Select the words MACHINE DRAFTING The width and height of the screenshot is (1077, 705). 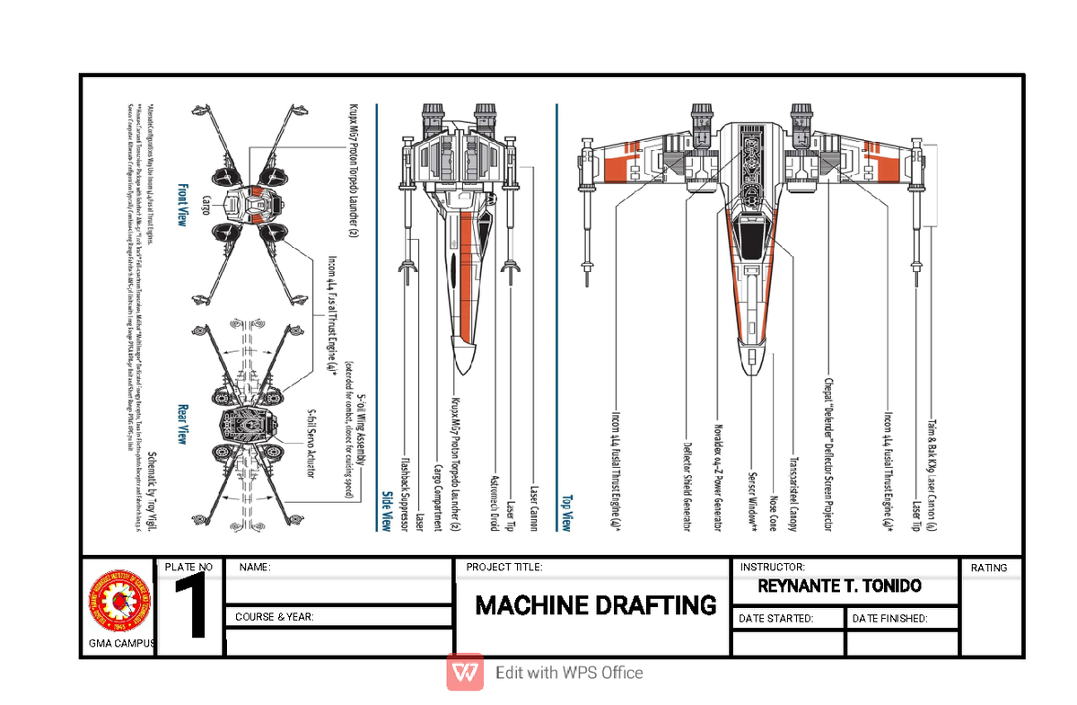click(596, 605)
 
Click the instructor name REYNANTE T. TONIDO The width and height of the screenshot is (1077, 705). click(840, 586)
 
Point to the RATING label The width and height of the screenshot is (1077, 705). click(989, 568)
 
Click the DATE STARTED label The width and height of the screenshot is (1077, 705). click(775, 618)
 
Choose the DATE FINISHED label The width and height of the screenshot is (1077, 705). click(889, 618)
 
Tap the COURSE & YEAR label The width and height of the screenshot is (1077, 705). click(274, 618)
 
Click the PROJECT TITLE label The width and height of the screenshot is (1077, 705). click(504, 568)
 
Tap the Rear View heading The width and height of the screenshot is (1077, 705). click(182, 423)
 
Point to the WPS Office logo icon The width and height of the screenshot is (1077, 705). click(465, 672)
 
